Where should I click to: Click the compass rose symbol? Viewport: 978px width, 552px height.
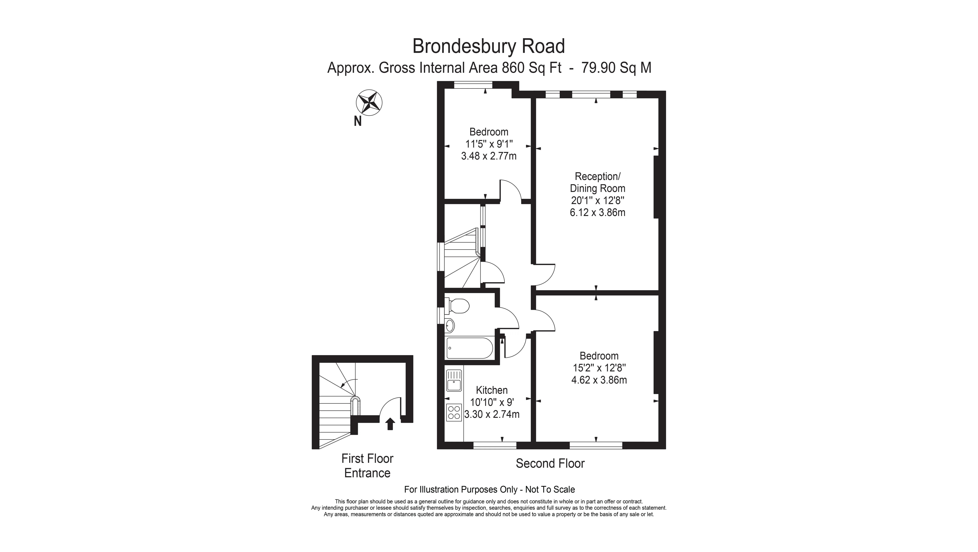tap(369, 102)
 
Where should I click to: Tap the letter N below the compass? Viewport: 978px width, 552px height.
tap(358, 121)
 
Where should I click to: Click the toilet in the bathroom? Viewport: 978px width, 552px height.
tap(457, 306)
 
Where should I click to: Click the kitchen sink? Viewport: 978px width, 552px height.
tap(454, 381)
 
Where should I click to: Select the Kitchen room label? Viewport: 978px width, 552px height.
tap(492, 390)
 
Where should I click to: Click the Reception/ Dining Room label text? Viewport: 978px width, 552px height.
tap(598, 182)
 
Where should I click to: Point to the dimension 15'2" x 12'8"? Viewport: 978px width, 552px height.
tap(599, 368)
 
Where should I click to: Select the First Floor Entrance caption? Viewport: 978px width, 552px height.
tap(367, 466)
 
